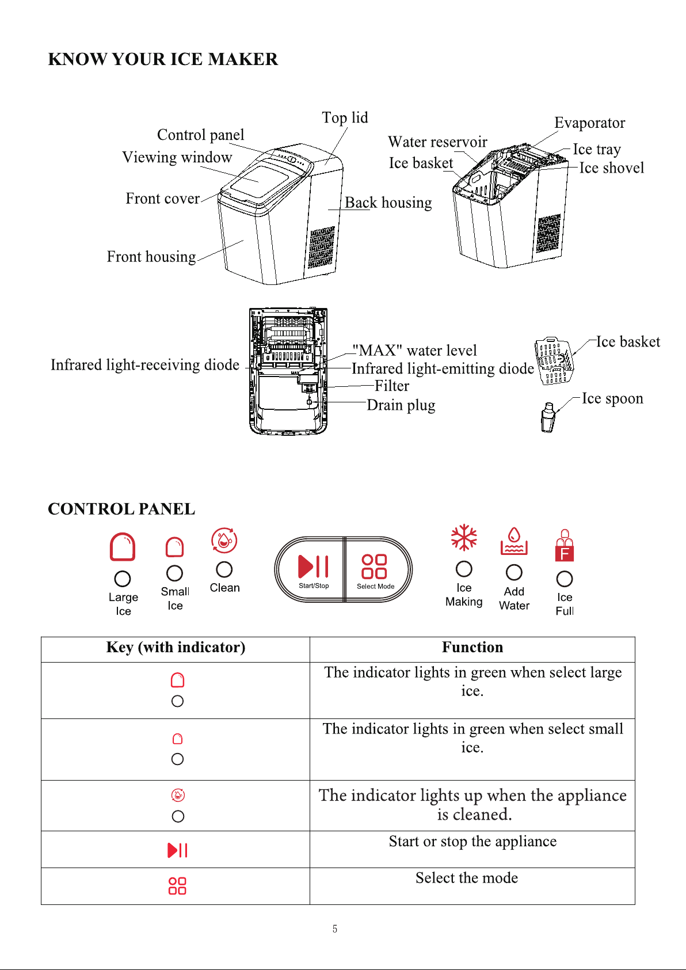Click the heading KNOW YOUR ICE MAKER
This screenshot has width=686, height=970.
tap(163, 59)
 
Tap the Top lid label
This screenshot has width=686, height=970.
tap(345, 117)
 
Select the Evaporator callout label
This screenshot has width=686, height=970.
tap(589, 123)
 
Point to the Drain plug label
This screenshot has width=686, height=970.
tap(401, 405)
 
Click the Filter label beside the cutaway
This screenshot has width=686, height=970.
tap(392, 385)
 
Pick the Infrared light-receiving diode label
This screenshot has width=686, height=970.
tap(145, 365)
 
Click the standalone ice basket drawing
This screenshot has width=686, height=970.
tap(554, 361)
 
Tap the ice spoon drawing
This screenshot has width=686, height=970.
tap(548, 417)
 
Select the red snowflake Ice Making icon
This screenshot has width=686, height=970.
tap(464, 538)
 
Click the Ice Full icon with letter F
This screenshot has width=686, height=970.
tap(565, 546)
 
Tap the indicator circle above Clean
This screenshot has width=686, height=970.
tap(224, 569)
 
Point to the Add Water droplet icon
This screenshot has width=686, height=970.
tap(514, 541)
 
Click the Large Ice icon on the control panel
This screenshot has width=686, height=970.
tap(123, 546)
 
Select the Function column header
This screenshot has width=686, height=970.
tap(472, 648)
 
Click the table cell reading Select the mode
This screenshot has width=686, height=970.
tap(472, 885)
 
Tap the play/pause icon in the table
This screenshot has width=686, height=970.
tap(177, 850)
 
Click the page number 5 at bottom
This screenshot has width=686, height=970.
tap(334, 929)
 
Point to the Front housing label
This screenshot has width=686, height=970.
tap(151, 257)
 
